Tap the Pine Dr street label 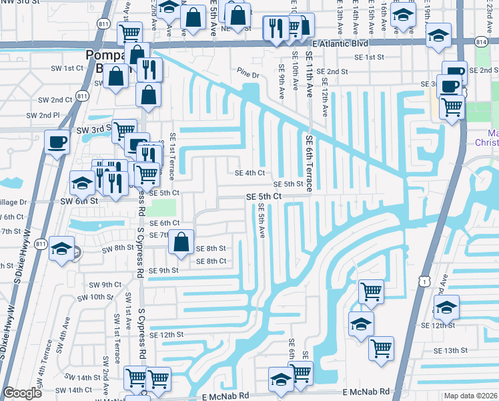click(x=247, y=72)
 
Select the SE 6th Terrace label click(x=309, y=163)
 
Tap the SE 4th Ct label click(x=249, y=172)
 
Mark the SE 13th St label click(x=451, y=350)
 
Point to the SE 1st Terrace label click(x=171, y=156)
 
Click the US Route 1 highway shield click(x=424, y=282)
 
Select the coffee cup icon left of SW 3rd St click(x=56, y=141)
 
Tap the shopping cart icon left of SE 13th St click(x=381, y=348)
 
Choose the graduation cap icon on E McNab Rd click(x=282, y=380)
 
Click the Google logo click(x=22, y=393)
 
